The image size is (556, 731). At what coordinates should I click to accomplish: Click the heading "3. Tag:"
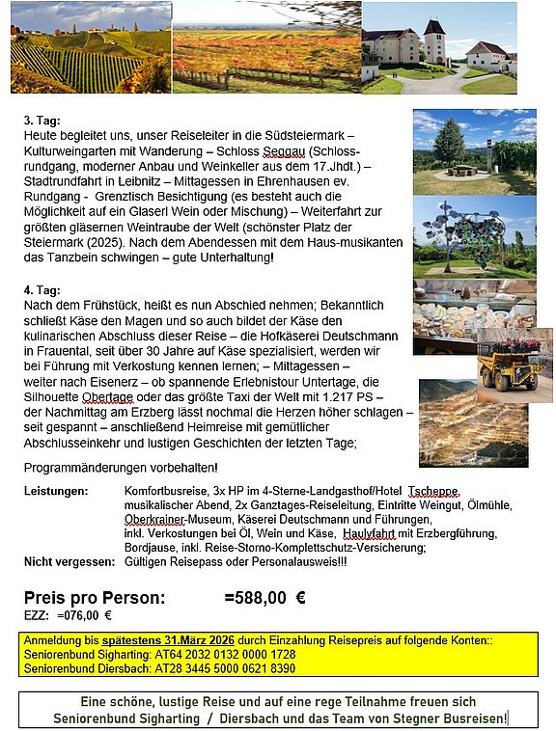[x=42, y=122]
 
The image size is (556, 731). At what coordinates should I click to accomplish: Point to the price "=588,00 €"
[x=264, y=597]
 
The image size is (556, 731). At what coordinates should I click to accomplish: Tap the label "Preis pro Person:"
[x=94, y=597]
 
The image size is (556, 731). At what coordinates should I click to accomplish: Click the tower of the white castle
[x=435, y=41]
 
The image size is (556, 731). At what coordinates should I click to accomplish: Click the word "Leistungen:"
[x=55, y=492]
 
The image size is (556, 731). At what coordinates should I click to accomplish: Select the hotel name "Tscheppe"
[x=433, y=492]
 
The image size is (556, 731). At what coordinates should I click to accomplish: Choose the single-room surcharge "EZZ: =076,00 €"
[x=68, y=615]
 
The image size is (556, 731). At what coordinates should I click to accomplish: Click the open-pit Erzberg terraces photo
[x=473, y=424]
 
